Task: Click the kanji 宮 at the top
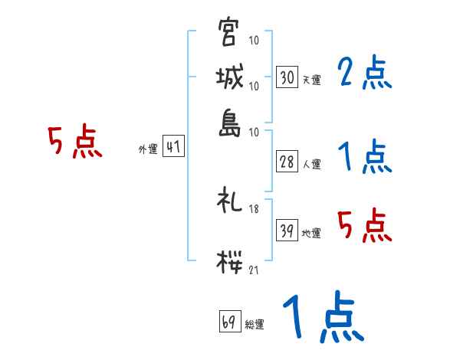tap(229, 32)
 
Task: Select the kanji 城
tap(229, 77)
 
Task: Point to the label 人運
tap(311, 163)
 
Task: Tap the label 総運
tap(255, 324)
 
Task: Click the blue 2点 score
tap(364, 74)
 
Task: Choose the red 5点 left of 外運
tap(75, 142)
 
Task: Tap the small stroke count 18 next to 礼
tap(254, 209)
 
